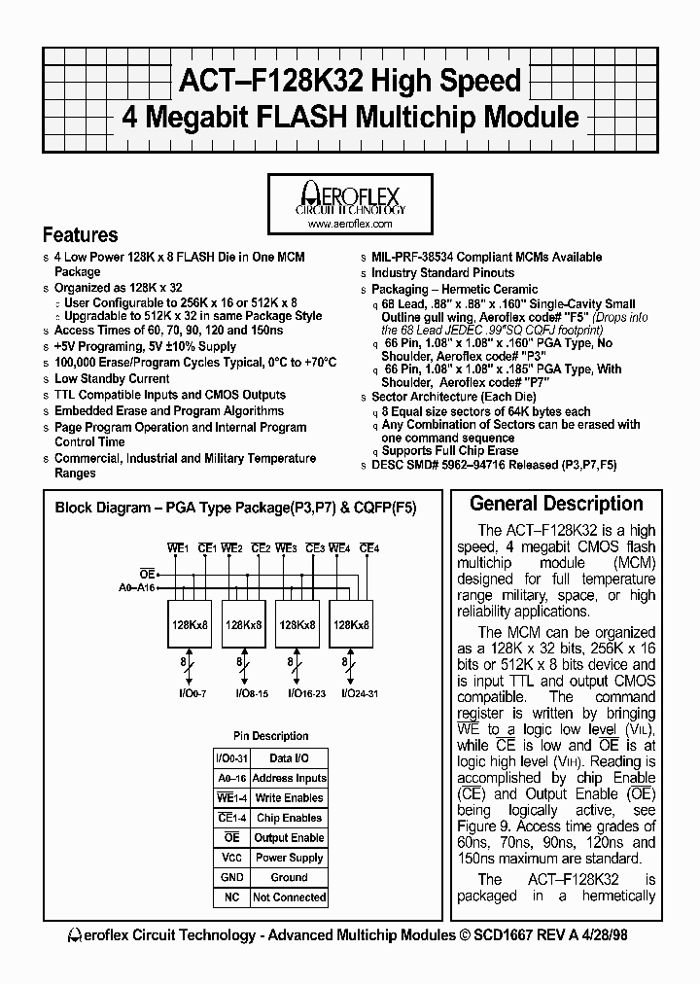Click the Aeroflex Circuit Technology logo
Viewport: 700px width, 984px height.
click(349, 197)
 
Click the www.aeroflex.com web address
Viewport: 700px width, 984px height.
click(349, 224)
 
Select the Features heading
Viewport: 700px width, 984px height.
click(81, 235)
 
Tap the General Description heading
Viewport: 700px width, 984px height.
click(556, 504)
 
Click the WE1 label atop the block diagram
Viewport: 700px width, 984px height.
click(177, 549)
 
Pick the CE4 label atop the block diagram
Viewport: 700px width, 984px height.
click(368, 549)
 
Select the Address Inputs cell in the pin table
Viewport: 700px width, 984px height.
click(289, 778)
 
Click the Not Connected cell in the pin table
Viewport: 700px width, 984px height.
click(289, 897)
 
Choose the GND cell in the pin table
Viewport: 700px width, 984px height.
click(231, 877)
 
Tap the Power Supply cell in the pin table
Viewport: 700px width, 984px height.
click(289, 858)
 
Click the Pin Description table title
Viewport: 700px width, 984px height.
click(271, 736)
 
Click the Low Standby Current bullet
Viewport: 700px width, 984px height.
click(112, 379)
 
